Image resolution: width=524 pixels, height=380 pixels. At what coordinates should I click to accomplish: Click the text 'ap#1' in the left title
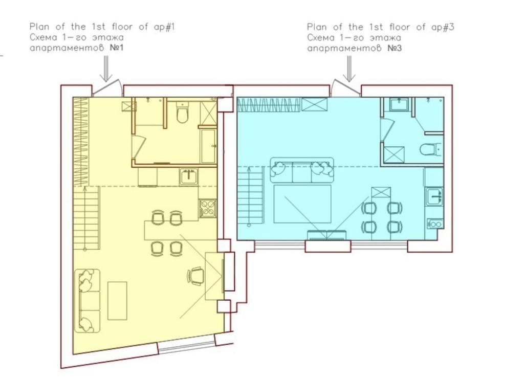click(164, 27)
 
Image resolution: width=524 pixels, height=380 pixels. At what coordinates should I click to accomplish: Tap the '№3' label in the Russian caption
click(395, 48)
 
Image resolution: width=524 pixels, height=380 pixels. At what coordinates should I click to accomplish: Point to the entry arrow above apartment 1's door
click(106, 69)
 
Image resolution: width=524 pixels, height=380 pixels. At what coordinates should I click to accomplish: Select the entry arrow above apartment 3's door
click(349, 69)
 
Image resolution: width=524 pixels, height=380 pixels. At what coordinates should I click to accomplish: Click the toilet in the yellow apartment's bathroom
click(183, 112)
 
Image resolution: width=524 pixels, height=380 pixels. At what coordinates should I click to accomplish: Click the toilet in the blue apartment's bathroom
click(430, 149)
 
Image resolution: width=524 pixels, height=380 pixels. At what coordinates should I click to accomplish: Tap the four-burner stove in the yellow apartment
click(208, 208)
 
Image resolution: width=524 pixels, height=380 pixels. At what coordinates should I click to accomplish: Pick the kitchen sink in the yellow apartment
click(189, 176)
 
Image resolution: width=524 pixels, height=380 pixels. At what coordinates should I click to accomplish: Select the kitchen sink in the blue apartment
click(434, 196)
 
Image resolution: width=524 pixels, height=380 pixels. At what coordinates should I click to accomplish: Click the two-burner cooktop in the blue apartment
click(435, 223)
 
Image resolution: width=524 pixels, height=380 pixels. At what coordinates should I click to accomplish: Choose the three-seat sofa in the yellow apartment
click(87, 301)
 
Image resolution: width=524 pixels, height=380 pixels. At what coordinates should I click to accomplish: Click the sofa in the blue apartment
click(302, 170)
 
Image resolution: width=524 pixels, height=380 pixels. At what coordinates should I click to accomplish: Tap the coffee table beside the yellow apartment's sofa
click(117, 301)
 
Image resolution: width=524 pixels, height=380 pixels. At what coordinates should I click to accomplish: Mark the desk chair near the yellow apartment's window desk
click(196, 276)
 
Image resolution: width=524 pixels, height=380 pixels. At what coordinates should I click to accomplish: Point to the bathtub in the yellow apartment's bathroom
click(209, 146)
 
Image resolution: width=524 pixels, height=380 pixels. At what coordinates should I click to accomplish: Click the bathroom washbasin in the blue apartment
click(398, 104)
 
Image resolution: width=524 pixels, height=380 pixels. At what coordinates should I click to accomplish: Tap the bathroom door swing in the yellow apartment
click(139, 147)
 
